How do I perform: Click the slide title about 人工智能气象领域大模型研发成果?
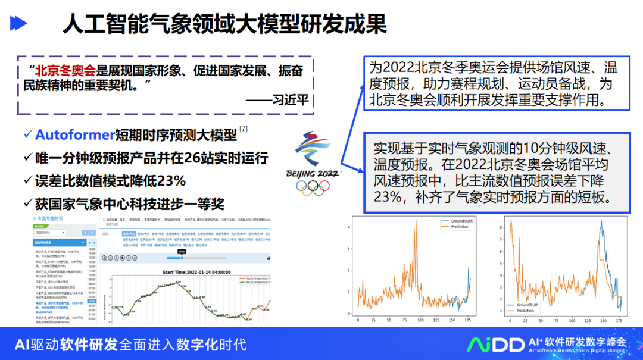[x=224, y=24]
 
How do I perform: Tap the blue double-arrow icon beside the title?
[x=19, y=24]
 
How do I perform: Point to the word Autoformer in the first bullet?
[x=74, y=135]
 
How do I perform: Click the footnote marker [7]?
[x=244, y=129]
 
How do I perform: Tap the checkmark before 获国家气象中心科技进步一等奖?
[x=27, y=203]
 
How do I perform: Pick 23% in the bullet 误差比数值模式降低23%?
[x=170, y=180]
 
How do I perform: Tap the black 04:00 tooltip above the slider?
[x=182, y=252]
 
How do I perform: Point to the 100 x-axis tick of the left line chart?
[x=422, y=321]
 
